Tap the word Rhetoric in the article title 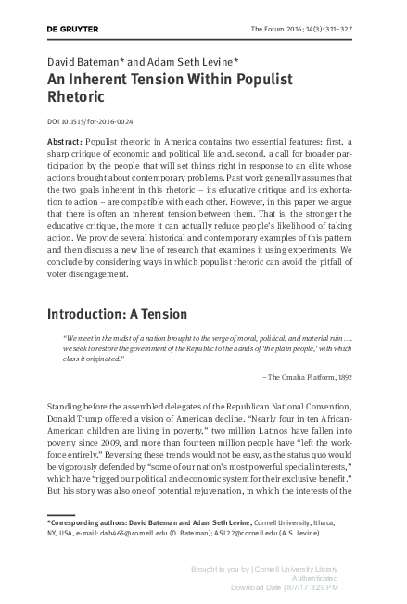tap(79, 96)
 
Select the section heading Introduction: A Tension tap(118, 313)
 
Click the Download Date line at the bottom tap(284, 587)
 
